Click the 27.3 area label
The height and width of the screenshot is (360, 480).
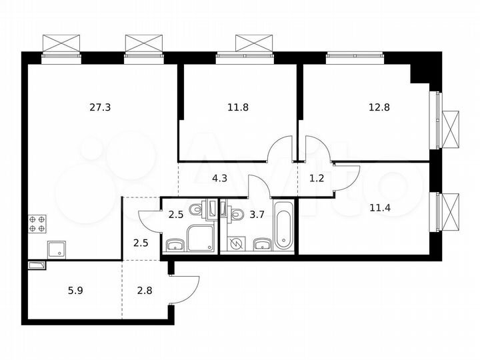click(100, 106)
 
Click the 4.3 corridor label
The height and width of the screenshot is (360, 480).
click(219, 178)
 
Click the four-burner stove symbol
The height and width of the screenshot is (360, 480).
click(37, 223)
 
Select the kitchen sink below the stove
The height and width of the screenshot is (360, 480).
click(56, 249)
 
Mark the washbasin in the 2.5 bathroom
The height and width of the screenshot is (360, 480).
click(175, 245)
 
